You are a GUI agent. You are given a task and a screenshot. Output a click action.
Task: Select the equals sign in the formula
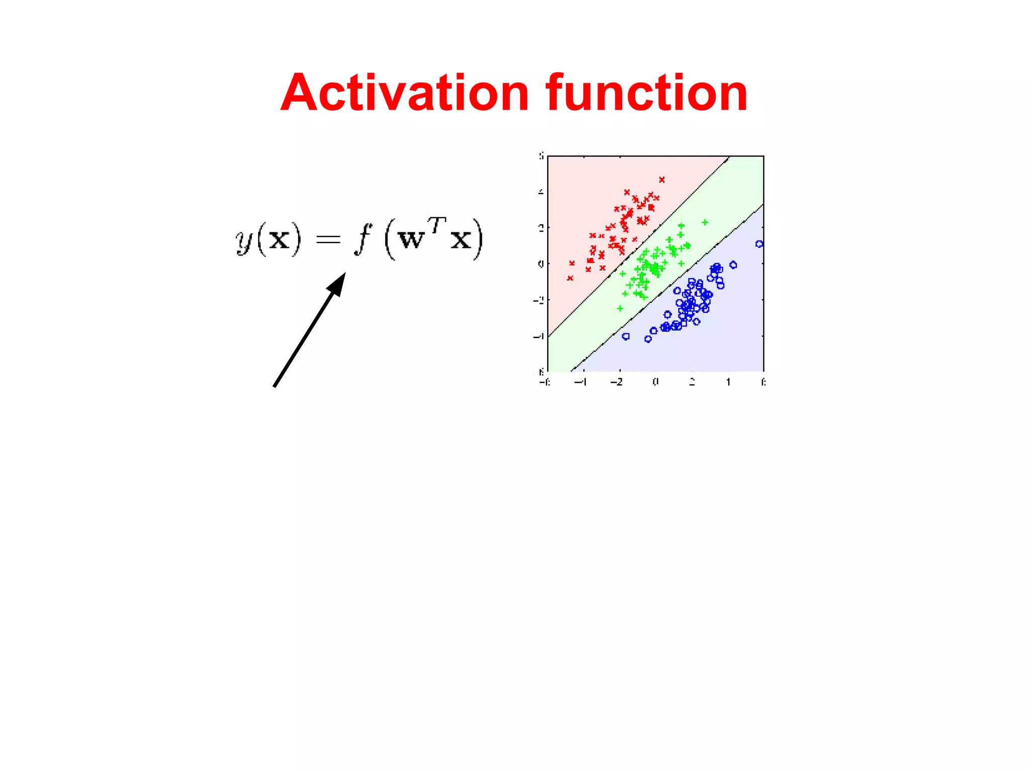click(x=328, y=240)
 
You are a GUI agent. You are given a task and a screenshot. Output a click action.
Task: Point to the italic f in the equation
click(x=363, y=238)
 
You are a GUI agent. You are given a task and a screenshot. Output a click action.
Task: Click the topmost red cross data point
click(x=662, y=180)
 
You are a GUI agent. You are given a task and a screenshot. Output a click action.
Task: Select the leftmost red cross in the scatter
click(x=570, y=278)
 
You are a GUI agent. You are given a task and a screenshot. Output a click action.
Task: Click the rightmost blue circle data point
click(x=759, y=244)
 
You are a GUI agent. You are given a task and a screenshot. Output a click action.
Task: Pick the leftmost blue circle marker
click(x=626, y=336)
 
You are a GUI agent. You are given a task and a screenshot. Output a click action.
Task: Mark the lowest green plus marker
click(x=620, y=308)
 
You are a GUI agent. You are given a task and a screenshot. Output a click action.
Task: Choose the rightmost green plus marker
click(x=705, y=222)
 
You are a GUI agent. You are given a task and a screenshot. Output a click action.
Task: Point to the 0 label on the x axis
click(x=655, y=382)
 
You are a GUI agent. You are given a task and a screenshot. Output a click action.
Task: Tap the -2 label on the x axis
click(x=617, y=382)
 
